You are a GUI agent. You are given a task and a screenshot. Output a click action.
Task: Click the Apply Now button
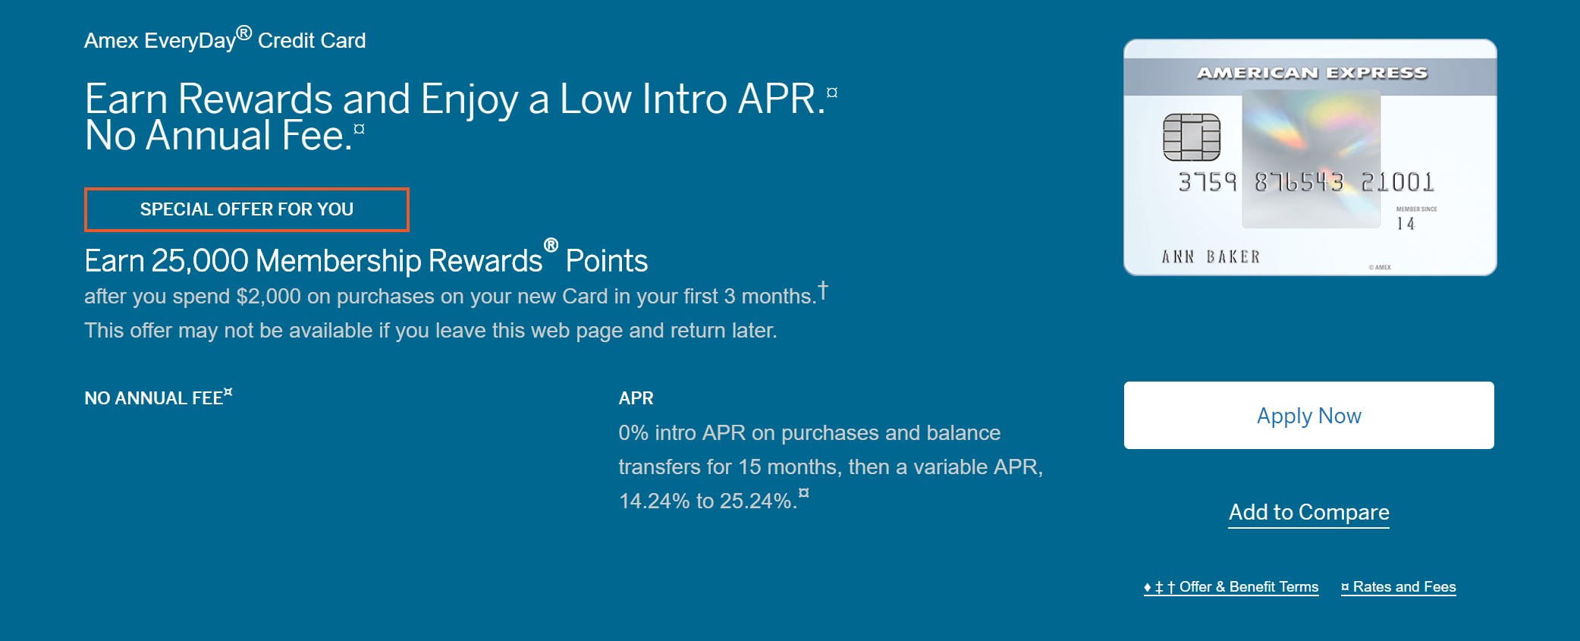pyautogui.click(x=1308, y=416)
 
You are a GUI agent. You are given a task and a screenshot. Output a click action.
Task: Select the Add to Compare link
pyautogui.click(x=1308, y=513)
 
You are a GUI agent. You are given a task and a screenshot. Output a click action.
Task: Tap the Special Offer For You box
pyautogui.click(x=247, y=209)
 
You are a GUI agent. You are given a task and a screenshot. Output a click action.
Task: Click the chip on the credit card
pyautogui.click(x=1192, y=137)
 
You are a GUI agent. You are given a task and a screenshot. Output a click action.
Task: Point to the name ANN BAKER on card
pyautogui.click(x=1211, y=257)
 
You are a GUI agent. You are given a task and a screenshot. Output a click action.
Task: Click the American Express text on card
pyautogui.click(x=1311, y=74)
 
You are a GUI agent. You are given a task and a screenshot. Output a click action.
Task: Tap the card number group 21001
pyautogui.click(x=1397, y=183)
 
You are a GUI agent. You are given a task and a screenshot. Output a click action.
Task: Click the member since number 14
pyautogui.click(x=1406, y=224)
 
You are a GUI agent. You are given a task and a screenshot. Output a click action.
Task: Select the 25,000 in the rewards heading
pyautogui.click(x=199, y=261)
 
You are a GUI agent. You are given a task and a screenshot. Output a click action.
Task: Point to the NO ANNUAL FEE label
pyautogui.click(x=154, y=398)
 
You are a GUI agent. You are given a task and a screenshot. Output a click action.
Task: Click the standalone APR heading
pyautogui.click(x=636, y=398)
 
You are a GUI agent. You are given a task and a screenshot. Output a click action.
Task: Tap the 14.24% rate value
pyautogui.click(x=654, y=501)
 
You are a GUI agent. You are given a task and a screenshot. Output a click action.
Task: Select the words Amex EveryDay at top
pyautogui.click(x=160, y=41)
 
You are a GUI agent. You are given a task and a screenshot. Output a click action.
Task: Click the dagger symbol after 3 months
pyautogui.click(x=823, y=291)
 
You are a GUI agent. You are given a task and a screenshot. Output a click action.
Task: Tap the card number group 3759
pyautogui.click(x=1207, y=183)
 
